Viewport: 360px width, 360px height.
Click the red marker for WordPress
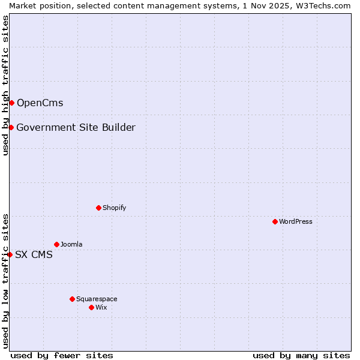click(275, 221)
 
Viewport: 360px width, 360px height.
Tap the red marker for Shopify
click(98, 208)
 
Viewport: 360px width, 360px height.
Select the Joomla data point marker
click(56, 244)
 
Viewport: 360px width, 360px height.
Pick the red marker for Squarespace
click(72, 299)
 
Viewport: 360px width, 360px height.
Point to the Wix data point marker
click(91, 307)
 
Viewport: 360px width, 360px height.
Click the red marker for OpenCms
click(11, 103)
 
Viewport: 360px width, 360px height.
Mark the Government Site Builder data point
click(11, 127)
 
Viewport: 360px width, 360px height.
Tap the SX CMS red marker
click(10, 254)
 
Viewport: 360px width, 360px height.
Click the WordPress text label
click(296, 221)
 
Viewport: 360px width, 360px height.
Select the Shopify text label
click(114, 208)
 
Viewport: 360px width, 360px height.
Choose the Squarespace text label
click(97, 299)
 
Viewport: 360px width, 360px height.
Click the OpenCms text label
click(40, 103)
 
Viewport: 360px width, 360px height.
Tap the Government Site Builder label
click(76, 127)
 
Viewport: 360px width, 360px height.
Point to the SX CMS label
click(34, 254)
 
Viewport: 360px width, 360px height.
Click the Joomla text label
click(71, 244)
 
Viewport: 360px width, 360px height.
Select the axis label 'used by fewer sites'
click(62, 355)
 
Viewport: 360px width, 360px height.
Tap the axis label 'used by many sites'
click(301, 355)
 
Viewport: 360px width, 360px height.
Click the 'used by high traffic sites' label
click(5, 85)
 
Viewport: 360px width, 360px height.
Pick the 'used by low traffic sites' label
click(5, 280)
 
